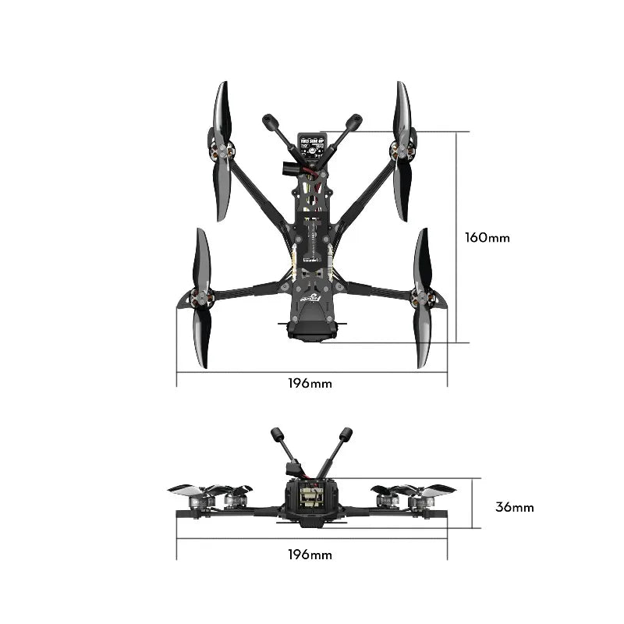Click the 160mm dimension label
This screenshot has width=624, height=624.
pyautogui.click(x=487, y=237)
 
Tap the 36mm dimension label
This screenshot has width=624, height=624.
pyautogui.click(x=515, y=507)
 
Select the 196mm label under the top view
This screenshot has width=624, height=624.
pyautogui.click(x=310, y=384)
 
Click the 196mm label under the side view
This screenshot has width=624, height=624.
pyautogui.click(x=310, y=555)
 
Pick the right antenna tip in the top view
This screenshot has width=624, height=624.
pyautogui.click(x=354, y=122)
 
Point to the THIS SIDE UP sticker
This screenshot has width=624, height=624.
pyautogui.click(x=310, y=143)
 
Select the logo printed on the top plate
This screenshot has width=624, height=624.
pyautogui.click(x=310, y=297)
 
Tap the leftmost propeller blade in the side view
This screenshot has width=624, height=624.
pyautogui.click(x=184, y=490)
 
